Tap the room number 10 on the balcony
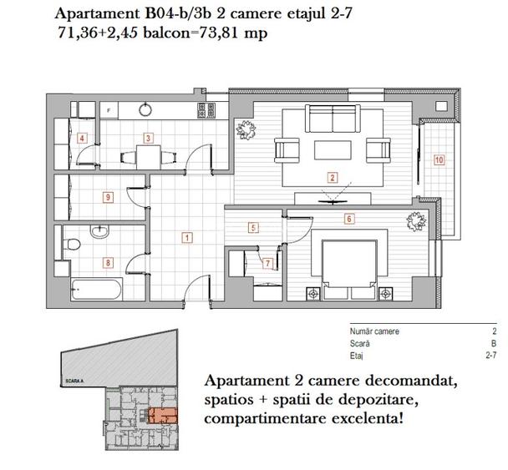click(439, 159)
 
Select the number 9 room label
click(108, 197)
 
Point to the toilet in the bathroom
click(74, 245)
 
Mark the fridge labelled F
click(108, 109)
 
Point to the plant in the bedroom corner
click(415, 224)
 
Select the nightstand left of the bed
click(313, 294)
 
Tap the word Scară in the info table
click(360, 342)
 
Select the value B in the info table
click(495, 342)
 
